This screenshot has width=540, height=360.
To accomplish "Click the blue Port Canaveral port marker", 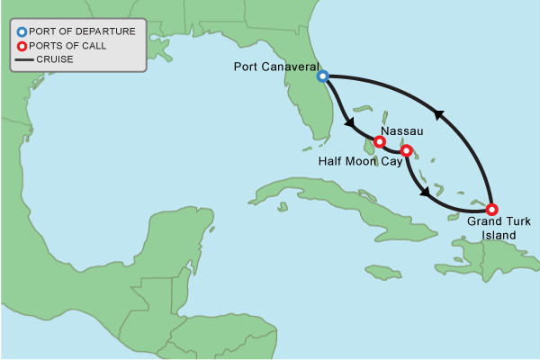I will (x=322, y=76).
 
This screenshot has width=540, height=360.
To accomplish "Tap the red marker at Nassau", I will (x=380, y=141).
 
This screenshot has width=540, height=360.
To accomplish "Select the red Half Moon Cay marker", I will (x=406, y=150).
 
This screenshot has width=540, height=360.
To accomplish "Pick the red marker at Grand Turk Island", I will (x=491, y=209).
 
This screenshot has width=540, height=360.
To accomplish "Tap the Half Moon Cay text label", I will (x=354, y=166).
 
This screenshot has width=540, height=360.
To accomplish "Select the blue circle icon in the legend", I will (x=22, y=31).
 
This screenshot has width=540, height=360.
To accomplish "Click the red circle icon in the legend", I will (x=22, y=46).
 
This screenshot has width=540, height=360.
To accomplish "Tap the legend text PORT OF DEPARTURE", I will (x=82, y=31).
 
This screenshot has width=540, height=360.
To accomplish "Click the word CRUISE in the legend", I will (x=55, y=60).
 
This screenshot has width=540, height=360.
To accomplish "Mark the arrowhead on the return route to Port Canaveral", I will (x=438, y=114).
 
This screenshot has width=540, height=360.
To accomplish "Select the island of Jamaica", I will (x=382, y=271).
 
